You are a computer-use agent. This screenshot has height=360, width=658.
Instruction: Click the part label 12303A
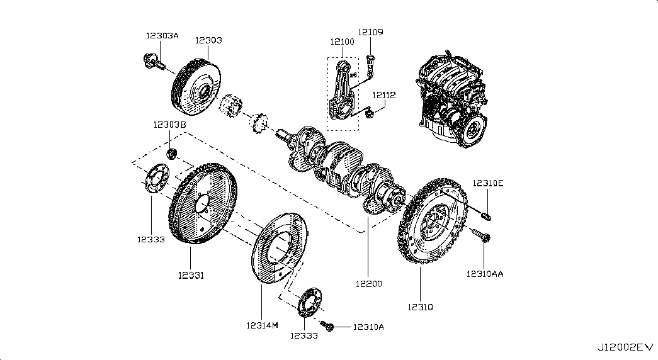point(162,36)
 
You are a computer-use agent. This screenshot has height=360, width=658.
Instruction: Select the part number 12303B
point(169,125)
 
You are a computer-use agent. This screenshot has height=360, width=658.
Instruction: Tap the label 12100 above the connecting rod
point(342,42)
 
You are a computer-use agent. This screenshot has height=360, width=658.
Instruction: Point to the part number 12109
point(371,31)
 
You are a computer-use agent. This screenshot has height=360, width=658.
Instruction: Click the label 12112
point(383,95)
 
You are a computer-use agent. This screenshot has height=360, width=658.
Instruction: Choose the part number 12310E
point(489,183)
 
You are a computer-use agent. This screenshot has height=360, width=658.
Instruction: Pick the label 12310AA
point(485,274)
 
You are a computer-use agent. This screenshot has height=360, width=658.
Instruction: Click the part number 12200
point(368,284)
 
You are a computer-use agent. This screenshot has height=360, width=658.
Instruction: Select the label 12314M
point(262,325)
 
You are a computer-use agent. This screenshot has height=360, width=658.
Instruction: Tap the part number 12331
point(191,275)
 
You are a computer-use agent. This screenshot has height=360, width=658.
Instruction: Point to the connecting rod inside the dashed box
point(343,88)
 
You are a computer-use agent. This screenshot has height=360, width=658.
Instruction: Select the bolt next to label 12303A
point(154,61)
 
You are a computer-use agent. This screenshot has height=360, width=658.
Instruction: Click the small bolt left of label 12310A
point(327,325)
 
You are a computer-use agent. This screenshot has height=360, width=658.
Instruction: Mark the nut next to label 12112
point(372,114)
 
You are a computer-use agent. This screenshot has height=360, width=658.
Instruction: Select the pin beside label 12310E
point(487,217)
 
